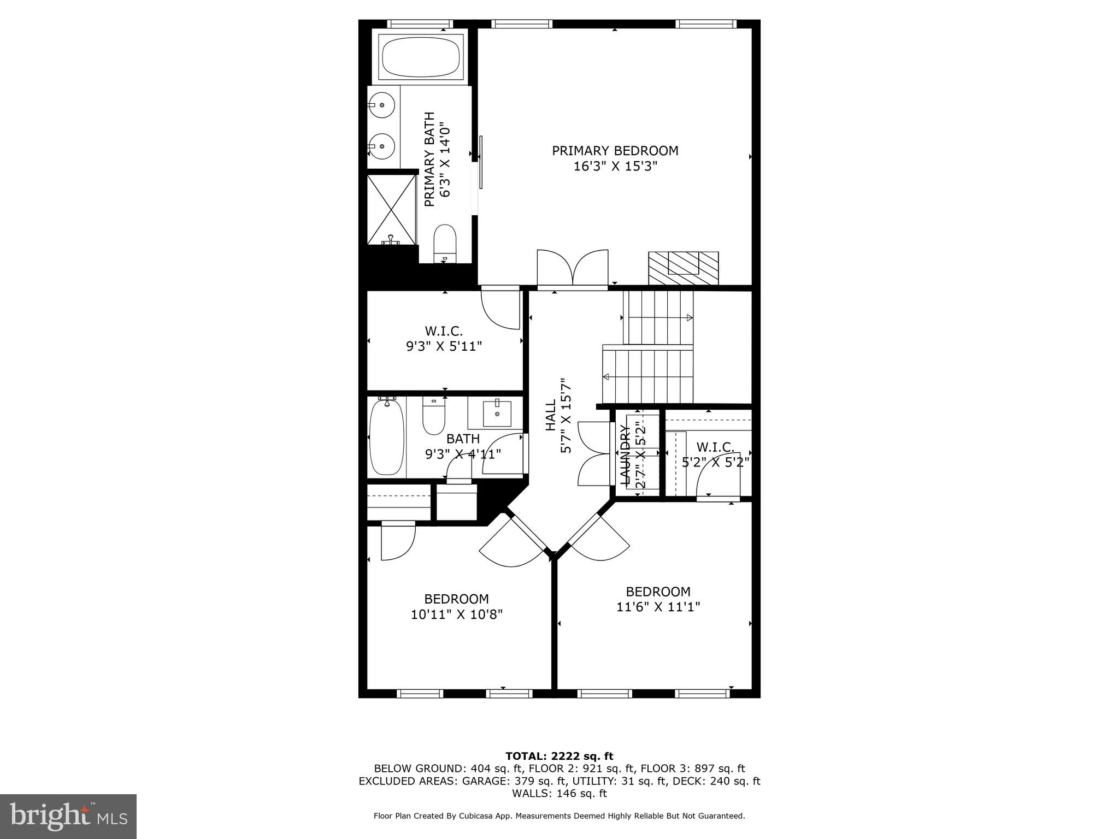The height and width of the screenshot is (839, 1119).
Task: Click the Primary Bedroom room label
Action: click(615, 151)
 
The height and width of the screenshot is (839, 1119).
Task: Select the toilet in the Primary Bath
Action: click(445, 244)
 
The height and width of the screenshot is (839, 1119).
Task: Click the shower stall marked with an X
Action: click(391, 210)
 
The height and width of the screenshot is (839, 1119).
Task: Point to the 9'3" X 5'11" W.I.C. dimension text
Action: click(444, 346)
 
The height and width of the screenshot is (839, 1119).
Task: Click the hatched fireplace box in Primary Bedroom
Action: click(683, 268)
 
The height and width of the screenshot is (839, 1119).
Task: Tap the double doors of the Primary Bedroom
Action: click(572, 268)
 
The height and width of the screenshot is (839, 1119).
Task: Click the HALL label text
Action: click(551, 415)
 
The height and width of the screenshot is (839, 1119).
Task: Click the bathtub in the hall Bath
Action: click(387, 436)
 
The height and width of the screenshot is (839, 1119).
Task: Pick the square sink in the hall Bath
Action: click(497, 413)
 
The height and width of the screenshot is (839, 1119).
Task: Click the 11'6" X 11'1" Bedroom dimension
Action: click(658, 606)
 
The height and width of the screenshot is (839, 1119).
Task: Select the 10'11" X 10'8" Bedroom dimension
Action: click(456, 615)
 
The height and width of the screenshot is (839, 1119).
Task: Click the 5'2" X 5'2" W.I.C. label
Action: click(715, 462)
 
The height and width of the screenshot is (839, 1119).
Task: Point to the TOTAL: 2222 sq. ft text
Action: click(559, 756)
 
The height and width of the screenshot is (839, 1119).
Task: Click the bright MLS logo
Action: click(68, 817)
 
